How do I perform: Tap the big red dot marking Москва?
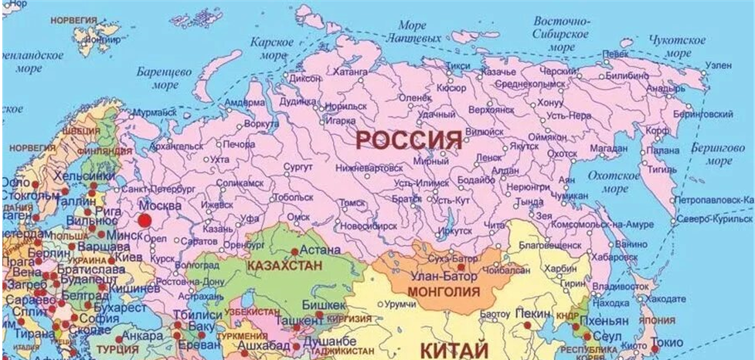tap(145, 219)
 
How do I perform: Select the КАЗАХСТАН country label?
tap(284, 265)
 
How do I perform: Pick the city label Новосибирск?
tap(369, 226)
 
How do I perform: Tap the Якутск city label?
tap(524, 144)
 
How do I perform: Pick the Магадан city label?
tap(608, 148)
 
